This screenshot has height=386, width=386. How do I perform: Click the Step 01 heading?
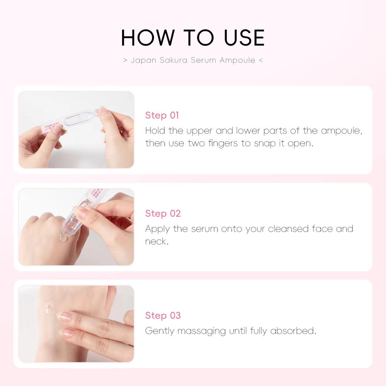click(162, 115)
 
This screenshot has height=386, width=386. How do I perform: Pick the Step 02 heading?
click(163, 213)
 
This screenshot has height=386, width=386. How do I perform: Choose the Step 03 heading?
click(163, 316)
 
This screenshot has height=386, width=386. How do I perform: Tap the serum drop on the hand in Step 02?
click(62, 238)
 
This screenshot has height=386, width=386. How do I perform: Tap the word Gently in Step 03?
click(160, 331)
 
